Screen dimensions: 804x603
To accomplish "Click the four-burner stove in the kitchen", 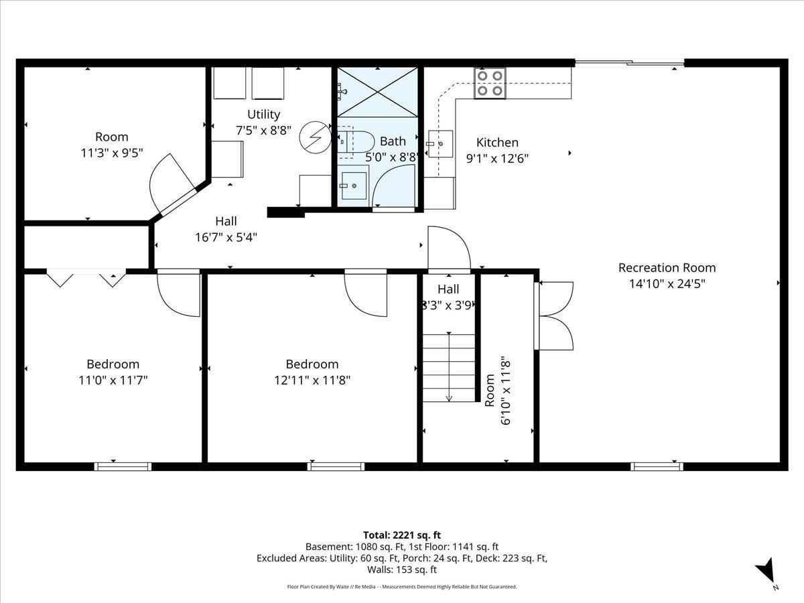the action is coord(490,83).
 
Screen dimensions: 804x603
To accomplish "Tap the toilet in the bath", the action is coord(355,141).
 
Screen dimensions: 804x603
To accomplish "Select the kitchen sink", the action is coord(441,143).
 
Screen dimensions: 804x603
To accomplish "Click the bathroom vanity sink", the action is coord(354,186).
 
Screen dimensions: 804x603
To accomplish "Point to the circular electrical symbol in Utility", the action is coord(316,137).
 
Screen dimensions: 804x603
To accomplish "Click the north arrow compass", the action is coord(766,570).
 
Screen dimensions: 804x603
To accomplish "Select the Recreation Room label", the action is coord(667,267).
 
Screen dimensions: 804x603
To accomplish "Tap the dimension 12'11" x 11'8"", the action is coord(312,381).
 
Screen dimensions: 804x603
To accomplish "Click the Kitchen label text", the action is coord(497,142).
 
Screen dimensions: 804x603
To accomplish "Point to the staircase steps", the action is coord(449,368).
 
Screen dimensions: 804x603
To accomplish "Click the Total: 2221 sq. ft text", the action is coord(402,535).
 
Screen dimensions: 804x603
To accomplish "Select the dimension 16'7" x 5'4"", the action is coord(226,237).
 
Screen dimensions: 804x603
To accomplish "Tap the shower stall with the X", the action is coord(377,92).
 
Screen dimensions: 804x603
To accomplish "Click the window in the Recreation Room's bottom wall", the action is coord(657,466).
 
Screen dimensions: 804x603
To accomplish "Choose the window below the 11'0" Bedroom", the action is coord(123,466).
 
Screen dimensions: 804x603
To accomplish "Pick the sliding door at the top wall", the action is coord(629,63).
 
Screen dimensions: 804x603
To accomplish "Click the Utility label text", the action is coord(263,114).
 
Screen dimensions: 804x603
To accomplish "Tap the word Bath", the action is coord(393,141).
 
